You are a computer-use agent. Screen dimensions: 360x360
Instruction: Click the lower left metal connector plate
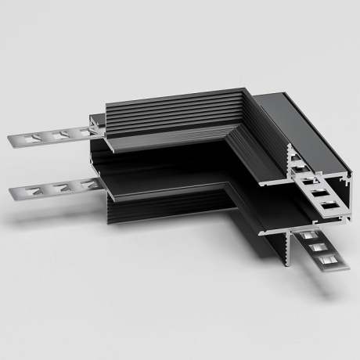click(x=55, y=189)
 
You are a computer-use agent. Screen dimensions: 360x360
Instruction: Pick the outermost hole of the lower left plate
click(x=34, y=192)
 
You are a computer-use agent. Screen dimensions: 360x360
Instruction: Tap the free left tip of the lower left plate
click(x=11, y=193)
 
